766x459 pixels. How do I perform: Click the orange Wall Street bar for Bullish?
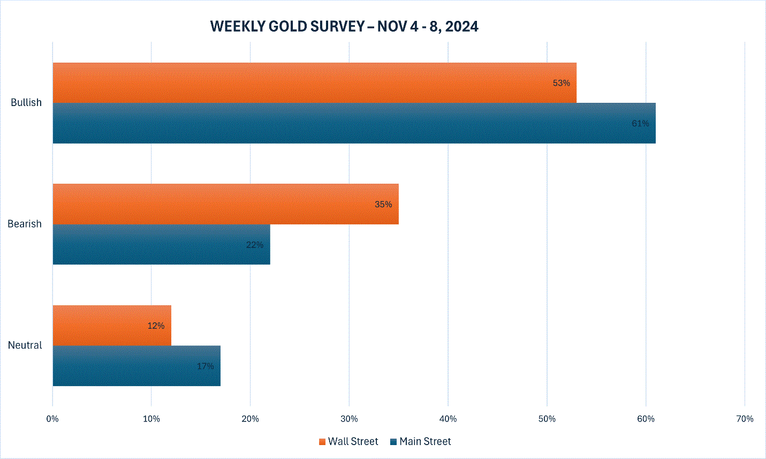click(x=315, y=83)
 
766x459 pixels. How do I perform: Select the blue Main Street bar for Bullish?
click(x=354, y=123)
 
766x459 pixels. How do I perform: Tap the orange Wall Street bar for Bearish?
click(x=226, y=204)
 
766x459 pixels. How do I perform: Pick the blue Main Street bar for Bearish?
click(x=162, y=244)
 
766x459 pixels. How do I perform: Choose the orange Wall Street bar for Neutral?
click(x=112, y=326)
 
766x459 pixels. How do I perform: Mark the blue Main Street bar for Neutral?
click(x=136, y=366)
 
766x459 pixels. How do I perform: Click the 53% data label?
click(x=562, y=83)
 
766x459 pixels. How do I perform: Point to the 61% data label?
click(x=640, y=124)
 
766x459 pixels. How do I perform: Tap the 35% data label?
click(x=383, y=205)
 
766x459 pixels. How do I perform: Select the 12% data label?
click(x=156, y=326)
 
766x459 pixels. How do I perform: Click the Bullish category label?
click(x=26, y=102)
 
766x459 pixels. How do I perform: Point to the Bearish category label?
click(x=25, y=224)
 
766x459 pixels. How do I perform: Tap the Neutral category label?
click(x=25, y=345)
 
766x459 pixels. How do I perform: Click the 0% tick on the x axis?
click(x=52, y=419)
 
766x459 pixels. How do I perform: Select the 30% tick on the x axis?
click(x=349, y=419)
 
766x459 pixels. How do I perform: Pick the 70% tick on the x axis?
click(x=745, y=419)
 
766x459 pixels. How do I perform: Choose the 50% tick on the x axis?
click(x=547, y=419)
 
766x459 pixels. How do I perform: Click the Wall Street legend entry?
click(x=348, y=441)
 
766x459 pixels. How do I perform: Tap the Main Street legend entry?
click(x=421, y=441)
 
